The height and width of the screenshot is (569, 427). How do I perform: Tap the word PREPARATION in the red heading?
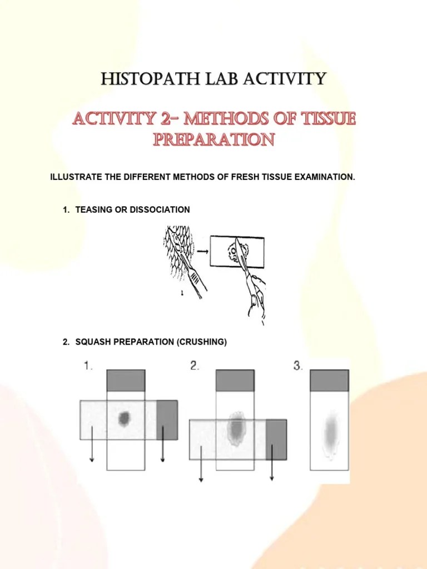pos(213,139)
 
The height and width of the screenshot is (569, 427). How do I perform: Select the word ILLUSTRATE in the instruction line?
pos(76,177)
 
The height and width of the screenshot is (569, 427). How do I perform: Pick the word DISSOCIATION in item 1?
pos(162,209)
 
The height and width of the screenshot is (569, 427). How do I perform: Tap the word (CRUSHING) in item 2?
pos(202,342)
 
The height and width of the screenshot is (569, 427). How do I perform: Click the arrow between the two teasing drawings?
pos(203,251)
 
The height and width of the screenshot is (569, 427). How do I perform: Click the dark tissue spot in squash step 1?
pos(125,418)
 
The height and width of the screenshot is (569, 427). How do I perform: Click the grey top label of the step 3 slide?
pos(330,381)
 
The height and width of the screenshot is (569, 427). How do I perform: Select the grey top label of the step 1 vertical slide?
pos(126,381)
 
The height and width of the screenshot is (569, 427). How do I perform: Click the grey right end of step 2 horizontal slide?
pos(276,440)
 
